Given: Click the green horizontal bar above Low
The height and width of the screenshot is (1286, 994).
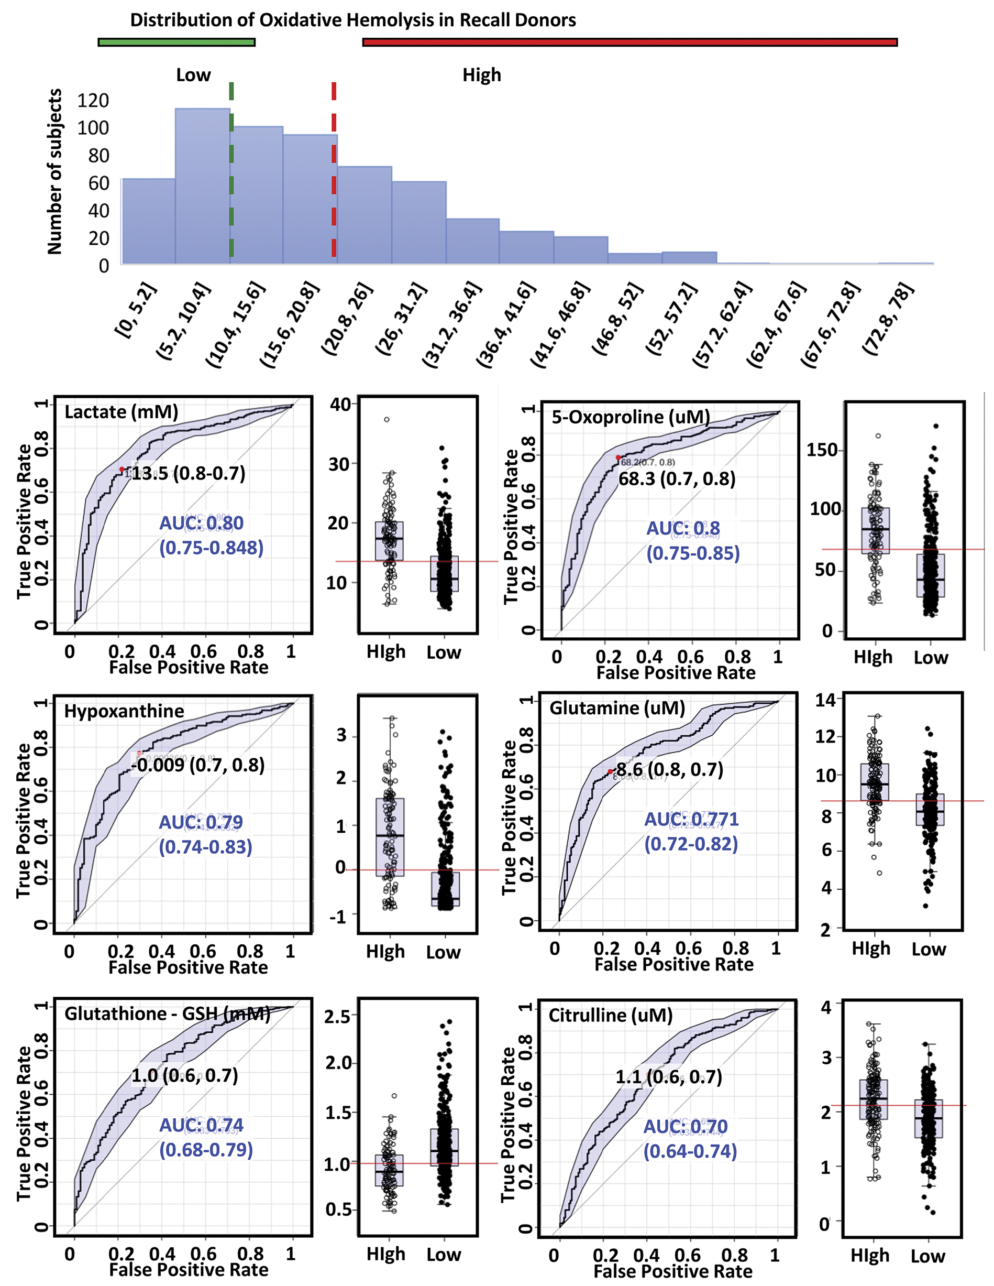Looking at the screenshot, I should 176,42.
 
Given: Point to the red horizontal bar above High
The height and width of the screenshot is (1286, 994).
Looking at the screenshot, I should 629,42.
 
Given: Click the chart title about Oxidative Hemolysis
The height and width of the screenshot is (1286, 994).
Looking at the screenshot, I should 352,20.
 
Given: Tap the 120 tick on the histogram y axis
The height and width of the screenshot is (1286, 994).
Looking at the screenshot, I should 93,101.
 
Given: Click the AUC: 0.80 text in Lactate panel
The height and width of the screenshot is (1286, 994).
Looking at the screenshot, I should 201,523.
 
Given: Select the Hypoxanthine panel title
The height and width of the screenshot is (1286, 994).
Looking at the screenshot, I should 124,711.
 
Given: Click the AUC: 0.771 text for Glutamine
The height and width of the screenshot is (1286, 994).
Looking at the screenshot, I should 691,819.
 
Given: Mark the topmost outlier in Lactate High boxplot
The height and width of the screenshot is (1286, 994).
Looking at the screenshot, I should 386,420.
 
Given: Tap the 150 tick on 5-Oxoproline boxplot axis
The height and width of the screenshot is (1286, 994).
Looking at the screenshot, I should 822,451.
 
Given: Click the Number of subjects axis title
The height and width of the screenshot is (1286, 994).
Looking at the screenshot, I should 55,171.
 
